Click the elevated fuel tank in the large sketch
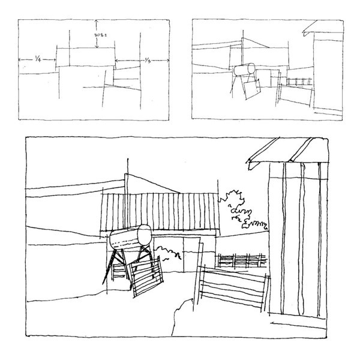130,238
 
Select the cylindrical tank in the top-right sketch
243,70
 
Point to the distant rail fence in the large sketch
242,260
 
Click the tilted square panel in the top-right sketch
252,89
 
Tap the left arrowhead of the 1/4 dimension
20,59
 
